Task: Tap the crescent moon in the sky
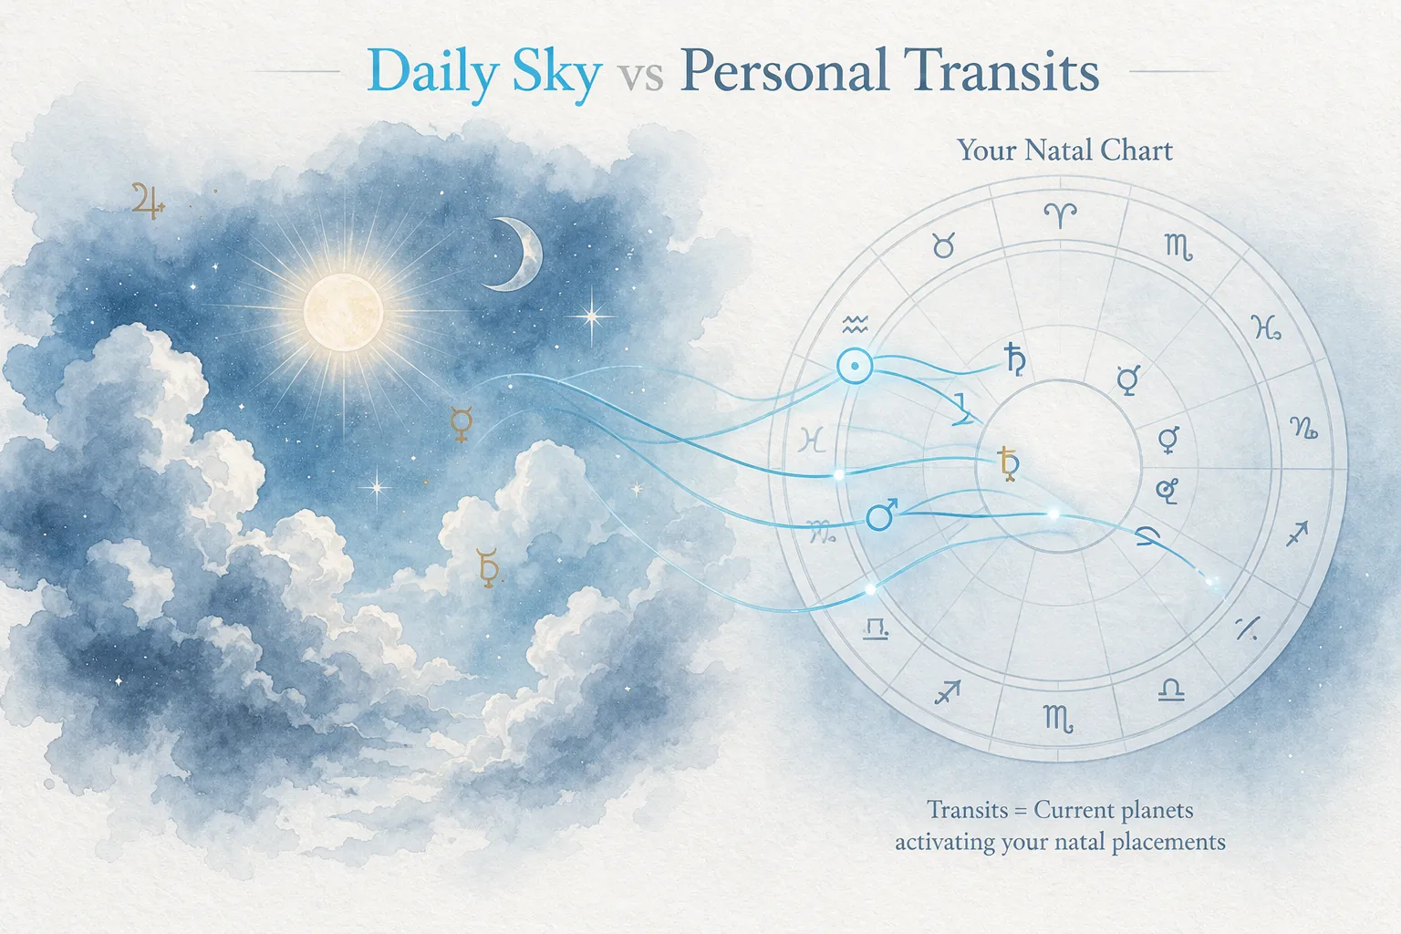[x=516, y=254]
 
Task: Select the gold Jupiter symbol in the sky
[x=147, y=201]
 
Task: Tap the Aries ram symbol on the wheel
[x=1060, y=216]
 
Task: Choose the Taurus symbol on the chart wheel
[x=944, y=245]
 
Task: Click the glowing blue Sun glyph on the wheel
[x=855, y=367]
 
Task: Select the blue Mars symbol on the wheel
[x=881, y=515]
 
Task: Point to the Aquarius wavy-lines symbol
[x=855, y=323]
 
